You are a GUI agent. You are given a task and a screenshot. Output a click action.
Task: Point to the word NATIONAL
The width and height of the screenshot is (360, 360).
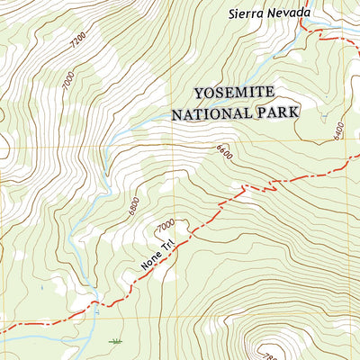click(x=213, y=113)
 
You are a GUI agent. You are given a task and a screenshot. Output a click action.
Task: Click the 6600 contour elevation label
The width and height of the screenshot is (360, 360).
click(x=224, y=155)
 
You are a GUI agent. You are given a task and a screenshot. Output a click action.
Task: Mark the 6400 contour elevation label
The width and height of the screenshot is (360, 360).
click(x=337, y=133)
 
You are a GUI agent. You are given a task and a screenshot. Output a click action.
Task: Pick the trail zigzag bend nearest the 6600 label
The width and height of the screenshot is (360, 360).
click(x=243, y=189)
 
